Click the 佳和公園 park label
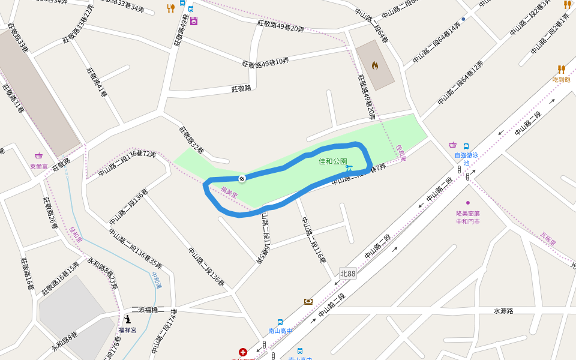tap(332, 161)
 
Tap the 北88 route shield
tap(347, 274)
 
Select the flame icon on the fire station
tap(375, 65)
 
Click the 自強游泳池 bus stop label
tap(466, 159)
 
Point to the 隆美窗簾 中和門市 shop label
tap(468, 217)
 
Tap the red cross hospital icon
tap(243, 352)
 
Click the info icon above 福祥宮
tap(128, 320)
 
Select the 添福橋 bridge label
tap(148, 310)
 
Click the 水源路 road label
tap(503, 311)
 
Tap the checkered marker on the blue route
tap(242, 178)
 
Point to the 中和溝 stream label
tap(157, 280)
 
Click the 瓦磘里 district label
tap(548, 239)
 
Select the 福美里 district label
tap(229, 193)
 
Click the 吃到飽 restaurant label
tap(561, 79)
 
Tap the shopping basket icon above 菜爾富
tap(39, 155)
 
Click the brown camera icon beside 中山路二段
tap(308, 301)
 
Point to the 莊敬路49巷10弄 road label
tap(265, 62)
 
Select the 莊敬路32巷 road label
tap(191, 139)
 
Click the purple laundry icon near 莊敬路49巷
tap(194, 22)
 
